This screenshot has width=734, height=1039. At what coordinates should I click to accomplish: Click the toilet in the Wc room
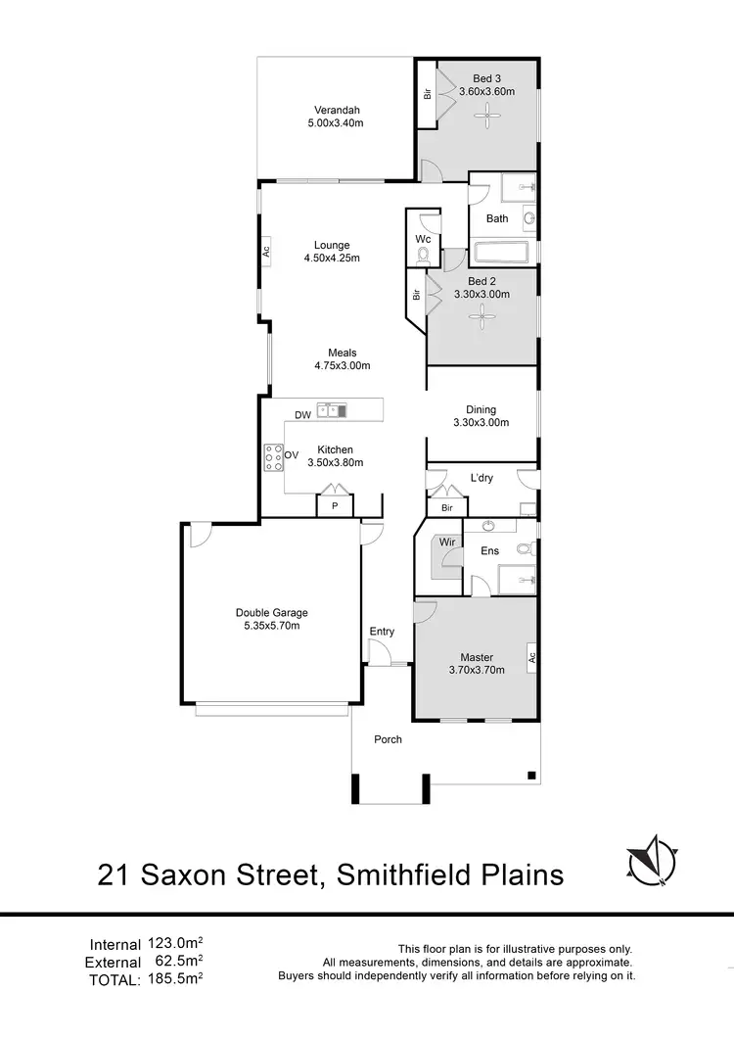pos(423,256)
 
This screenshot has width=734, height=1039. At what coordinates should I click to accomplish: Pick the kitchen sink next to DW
pos(333,410)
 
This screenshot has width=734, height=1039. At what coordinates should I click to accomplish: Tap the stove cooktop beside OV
pos(271,455)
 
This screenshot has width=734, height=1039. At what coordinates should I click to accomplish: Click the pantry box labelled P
pos(335,506)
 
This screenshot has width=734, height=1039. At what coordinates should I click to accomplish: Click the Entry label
pos(382,632)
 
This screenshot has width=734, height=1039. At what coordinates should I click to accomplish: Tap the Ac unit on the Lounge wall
pos(265,251)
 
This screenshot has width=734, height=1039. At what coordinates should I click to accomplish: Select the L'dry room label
pos(482,478)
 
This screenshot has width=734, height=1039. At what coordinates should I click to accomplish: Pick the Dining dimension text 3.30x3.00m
pos(482,423)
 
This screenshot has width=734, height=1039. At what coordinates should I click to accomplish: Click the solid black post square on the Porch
pos(530,776)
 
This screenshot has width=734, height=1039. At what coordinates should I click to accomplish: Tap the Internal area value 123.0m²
pos(175,944)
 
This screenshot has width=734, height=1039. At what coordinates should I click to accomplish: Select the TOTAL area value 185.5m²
pos(175,976)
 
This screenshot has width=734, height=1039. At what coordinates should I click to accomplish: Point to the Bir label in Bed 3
pos(427,95)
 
